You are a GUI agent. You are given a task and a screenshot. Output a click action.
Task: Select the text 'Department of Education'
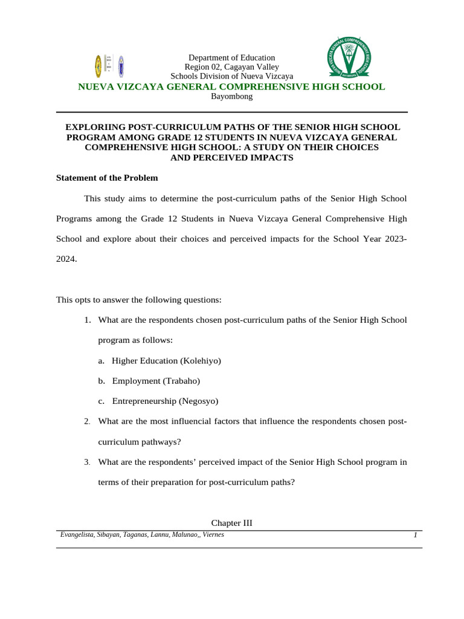pyautogui.click(x=231, y=57)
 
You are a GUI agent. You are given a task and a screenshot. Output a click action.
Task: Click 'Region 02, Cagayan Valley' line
pyautogui.click(x=231, y=67)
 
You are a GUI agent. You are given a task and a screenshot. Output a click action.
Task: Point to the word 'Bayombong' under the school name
pyautogui.click(x=231, y=96)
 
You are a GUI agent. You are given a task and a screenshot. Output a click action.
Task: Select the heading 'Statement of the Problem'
pyautogui.click(x=107, y=178)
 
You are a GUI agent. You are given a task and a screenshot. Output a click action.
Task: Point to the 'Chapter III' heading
pyautogui.click(x=231, y=522)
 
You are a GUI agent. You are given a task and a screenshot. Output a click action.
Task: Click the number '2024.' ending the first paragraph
pyautogui.click(x=66, y=259)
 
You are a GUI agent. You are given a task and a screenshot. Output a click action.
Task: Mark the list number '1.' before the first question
pyautogui.click(x=88, y=319)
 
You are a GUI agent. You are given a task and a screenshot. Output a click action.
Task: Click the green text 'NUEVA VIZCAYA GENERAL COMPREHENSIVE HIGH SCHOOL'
pyautogui.click(x=231, y=86)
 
